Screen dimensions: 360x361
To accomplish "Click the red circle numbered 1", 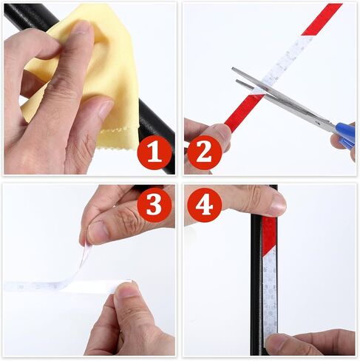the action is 154,152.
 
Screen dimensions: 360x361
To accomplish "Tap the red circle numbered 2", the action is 205,152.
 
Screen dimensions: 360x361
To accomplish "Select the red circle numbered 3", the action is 154,205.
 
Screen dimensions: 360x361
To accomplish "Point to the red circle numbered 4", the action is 205,205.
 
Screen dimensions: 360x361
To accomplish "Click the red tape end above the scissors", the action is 322,19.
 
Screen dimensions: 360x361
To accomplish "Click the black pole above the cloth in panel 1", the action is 30,16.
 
